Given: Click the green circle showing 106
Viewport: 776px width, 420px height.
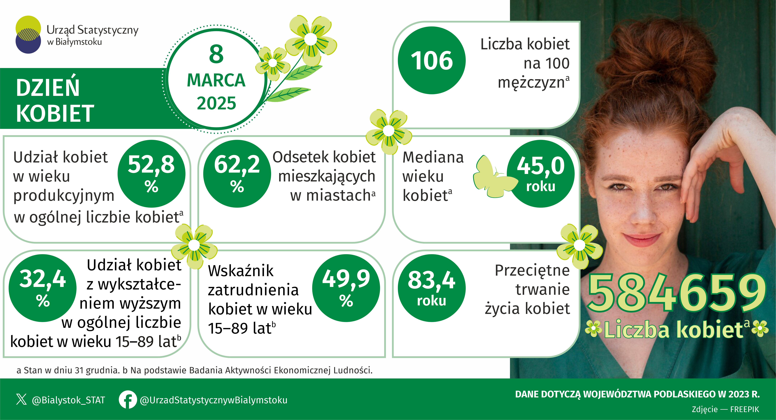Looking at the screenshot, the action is coord(432,60).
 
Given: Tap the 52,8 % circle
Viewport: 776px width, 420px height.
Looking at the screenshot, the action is coord(151,174).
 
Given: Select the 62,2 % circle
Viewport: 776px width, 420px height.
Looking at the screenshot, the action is coord(237,174).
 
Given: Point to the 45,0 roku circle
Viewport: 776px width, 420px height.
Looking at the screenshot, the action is coord(541,174).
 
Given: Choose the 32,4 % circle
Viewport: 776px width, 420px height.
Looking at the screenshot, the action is coord(42,288).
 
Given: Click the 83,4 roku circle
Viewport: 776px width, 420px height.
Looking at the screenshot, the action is coord(432,288).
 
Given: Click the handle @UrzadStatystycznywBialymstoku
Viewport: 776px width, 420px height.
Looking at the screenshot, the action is coord(214,400).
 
